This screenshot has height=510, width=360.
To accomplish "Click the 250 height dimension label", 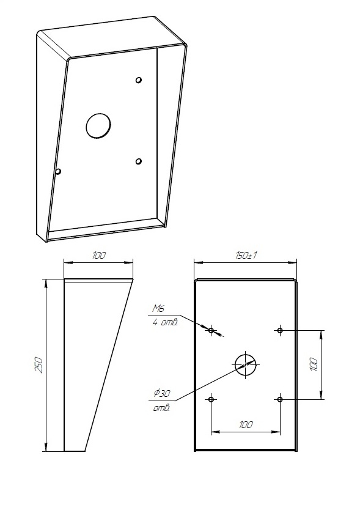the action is (39, 365).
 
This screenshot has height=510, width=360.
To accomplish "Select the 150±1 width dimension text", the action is (246, 256).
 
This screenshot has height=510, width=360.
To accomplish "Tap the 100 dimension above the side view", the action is (98, 255).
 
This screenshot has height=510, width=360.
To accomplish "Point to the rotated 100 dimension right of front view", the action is (313, 365).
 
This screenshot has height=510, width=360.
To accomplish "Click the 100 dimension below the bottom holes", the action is (246, 425).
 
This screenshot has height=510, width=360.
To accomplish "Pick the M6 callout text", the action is (158, 308).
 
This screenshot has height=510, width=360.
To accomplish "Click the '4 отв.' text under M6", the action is (165, 323).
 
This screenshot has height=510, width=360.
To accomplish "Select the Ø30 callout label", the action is (161, 394).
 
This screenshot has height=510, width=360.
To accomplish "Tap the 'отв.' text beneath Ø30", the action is (161, 408).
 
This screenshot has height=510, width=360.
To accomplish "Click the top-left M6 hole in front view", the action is (211, 330).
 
